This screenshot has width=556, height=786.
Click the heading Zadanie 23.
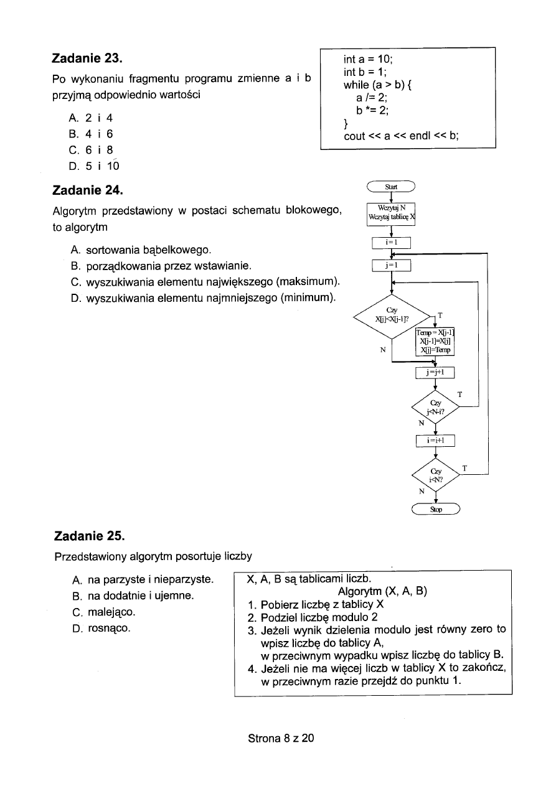[87, 59]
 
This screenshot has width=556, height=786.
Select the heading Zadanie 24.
[87, 189]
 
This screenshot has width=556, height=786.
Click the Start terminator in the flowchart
[392, 185]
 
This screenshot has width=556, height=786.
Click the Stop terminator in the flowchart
[436, 510]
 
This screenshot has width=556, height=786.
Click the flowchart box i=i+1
[435, 441]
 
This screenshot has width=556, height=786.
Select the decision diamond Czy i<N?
[435, 476]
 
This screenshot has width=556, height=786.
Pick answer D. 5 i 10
[95, 166]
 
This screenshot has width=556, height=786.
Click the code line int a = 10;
[369, 60]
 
